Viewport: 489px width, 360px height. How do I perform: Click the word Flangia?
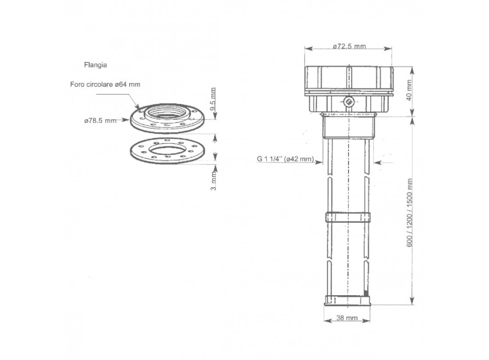click(95, 65)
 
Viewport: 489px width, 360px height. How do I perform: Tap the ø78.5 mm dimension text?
click(99, 121)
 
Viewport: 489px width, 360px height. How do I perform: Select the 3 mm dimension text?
click(214, 182)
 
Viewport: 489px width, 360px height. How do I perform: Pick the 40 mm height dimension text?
click(410, 91)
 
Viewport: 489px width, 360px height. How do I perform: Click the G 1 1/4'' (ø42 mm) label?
click(286, 159)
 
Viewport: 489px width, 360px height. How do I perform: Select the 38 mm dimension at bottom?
click(348, 318)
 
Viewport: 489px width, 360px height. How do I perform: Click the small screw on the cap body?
click(349, 102)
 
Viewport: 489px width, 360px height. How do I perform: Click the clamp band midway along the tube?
click(348, 216)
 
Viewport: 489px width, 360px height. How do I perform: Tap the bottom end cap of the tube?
click(348, 301)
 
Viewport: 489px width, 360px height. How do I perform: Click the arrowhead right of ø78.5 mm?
click(127, 121)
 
